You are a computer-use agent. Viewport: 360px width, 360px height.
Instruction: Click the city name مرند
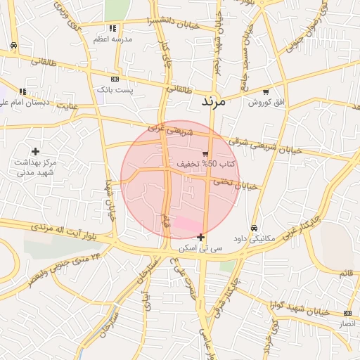(x=212, y=102)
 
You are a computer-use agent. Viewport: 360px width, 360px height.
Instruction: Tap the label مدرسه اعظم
(x=113, y=39)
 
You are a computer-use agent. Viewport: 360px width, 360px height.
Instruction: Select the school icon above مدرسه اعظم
(x=113, y=29)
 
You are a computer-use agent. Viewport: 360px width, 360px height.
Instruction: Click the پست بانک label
(x=114, y=90)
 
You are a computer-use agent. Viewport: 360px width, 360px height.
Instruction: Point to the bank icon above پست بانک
(x=115, y=79)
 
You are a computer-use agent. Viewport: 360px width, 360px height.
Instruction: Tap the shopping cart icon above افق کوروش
(x=266, y=91)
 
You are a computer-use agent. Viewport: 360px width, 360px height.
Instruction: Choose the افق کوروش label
(x=265, y=103)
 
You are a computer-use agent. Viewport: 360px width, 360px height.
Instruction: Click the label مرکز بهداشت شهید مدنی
(x=36, y=167)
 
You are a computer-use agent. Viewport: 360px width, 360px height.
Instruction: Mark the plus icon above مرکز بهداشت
(x=36, y=151)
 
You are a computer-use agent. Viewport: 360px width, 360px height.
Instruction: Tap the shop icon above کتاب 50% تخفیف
(x=205, y=153)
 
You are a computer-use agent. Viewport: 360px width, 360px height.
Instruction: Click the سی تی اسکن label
(x=201, y=248)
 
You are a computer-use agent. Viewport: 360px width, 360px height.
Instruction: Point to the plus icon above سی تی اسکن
(x=201, y=237)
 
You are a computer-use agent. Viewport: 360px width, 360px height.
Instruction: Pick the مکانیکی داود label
(x=253, y=239)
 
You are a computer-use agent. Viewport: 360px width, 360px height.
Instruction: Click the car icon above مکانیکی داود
(x=253, y=228)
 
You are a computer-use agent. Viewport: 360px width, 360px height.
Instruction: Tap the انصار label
(x=347, y=323)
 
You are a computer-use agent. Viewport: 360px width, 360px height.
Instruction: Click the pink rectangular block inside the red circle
(x=186, y=224)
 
